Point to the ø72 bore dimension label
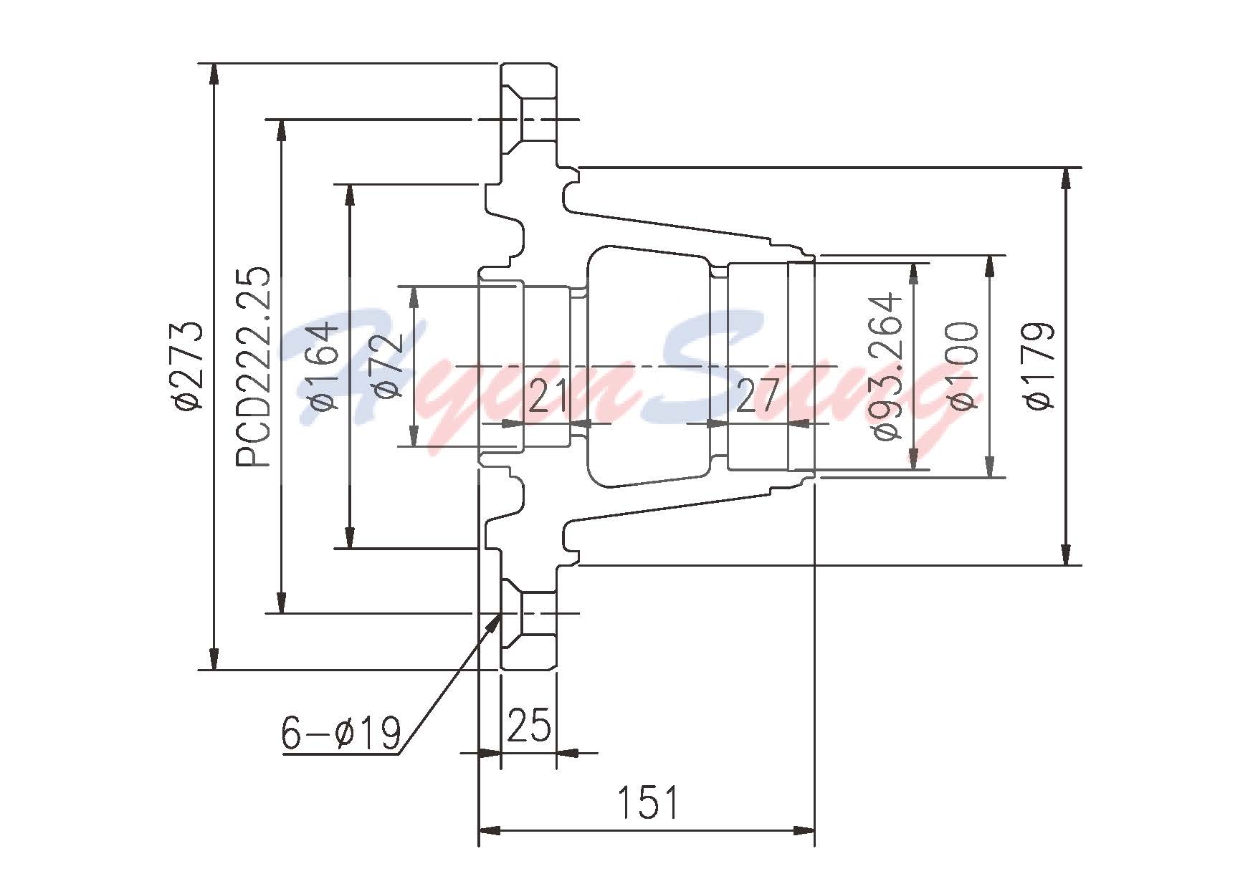coord(387,366)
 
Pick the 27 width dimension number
coord(757,396)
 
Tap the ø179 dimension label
coord(1040,366)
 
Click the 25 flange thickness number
coord(529,725)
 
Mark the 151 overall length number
coord(647,803)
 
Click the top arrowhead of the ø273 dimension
coord(213,72)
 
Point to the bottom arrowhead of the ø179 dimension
coord(1067,556)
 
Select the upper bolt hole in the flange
coord(537,120)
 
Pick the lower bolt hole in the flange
coord(537,613)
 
